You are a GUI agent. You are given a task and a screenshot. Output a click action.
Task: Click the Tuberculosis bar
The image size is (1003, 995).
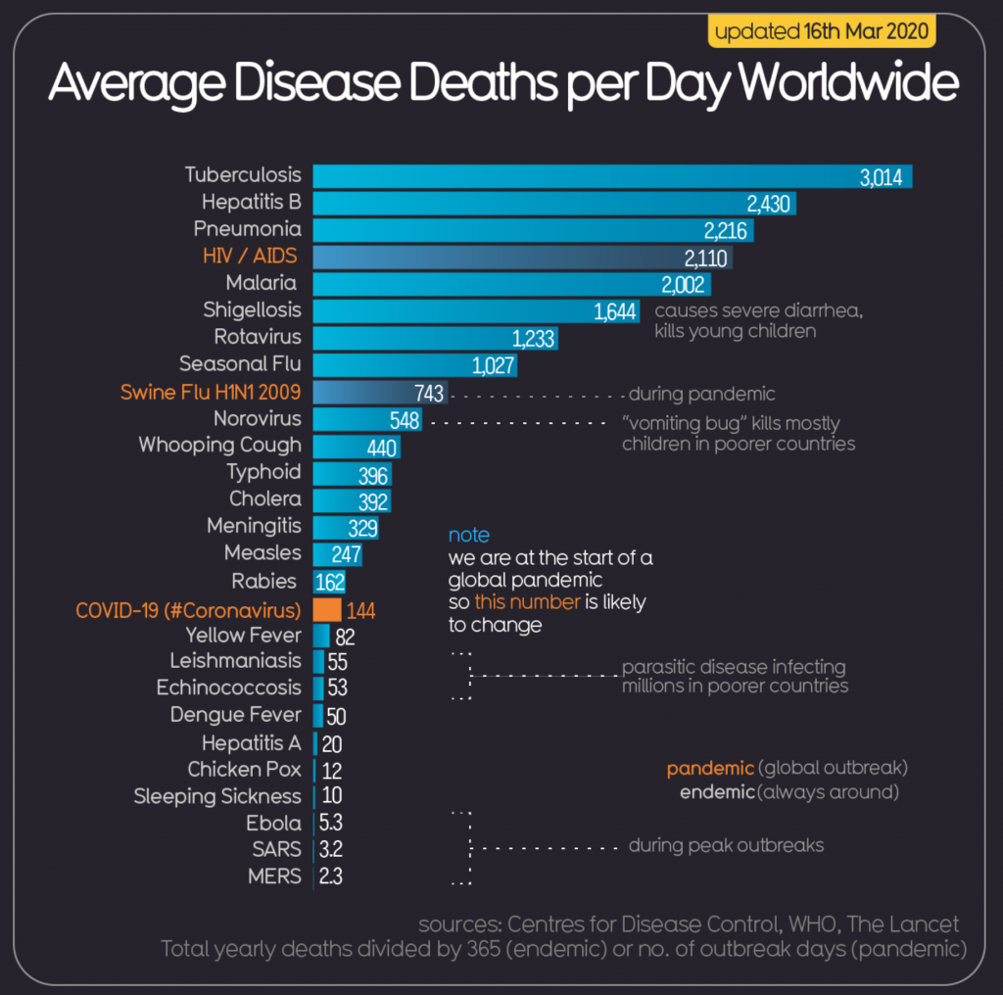click(x=588, y=176)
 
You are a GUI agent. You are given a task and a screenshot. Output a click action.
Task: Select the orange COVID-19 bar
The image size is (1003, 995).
click(x=327, y=610)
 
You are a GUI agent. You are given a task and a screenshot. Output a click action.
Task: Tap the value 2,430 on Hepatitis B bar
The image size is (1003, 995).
click(x=767, y=204)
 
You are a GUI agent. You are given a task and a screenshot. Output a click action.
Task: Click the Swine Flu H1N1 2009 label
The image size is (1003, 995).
click(x=211, y=393)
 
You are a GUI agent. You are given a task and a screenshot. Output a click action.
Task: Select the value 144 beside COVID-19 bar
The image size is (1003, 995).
click(x=359, y=611)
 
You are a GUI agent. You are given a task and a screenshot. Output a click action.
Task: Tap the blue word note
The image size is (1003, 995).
click(x=468, y=536)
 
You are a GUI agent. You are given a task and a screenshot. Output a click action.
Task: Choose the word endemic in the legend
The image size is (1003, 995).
click(x=717, y=791)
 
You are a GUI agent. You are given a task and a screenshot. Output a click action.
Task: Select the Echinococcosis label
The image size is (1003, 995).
click(x=229, y=687)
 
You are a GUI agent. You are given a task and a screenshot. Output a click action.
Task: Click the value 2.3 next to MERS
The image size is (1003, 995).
click(x=331, y=877)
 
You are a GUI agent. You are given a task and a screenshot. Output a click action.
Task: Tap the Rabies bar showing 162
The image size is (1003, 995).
click(x=330, y=582)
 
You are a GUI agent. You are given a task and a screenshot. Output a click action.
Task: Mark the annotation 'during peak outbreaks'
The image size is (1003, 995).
click(x=726, y=845)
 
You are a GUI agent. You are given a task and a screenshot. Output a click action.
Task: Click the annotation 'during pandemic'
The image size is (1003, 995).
click(x=701, y=395)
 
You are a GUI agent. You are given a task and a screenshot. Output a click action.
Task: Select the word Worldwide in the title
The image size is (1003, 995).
click(x=848, y=85)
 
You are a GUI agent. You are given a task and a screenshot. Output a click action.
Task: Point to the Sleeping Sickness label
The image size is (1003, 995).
click(x=217, y=796)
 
